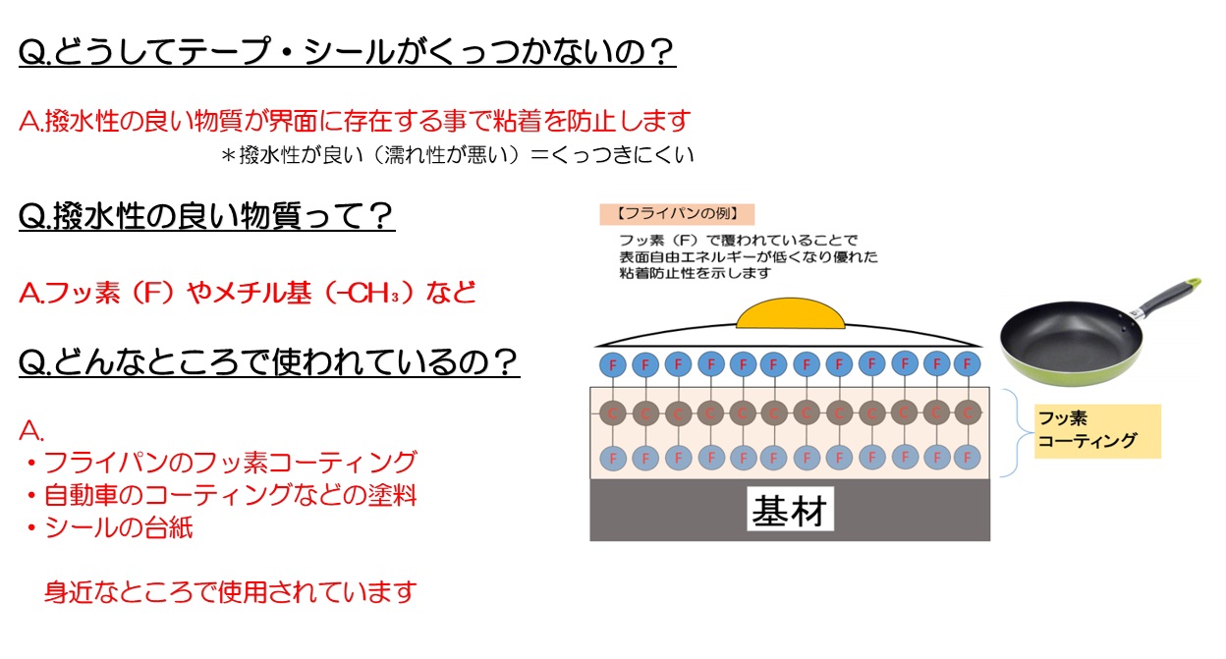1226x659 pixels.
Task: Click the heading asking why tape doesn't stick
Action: point(347,51)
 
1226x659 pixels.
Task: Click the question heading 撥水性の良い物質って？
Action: point(206,215)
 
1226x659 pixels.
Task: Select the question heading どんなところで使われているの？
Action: point(268,363)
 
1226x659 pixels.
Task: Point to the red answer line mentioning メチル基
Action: point(248,292)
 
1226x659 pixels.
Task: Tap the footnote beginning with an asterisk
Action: point(458,154)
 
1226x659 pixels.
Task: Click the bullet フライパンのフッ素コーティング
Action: point(221,462)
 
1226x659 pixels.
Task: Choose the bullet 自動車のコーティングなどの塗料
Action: point(221,495)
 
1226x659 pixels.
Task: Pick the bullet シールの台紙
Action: point(110,527)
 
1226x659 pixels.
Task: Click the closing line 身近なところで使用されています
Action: point(231,592)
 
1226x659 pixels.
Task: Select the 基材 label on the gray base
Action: point(792,511)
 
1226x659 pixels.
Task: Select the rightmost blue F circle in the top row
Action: point(967,363)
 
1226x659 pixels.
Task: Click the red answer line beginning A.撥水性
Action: point(355,121)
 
